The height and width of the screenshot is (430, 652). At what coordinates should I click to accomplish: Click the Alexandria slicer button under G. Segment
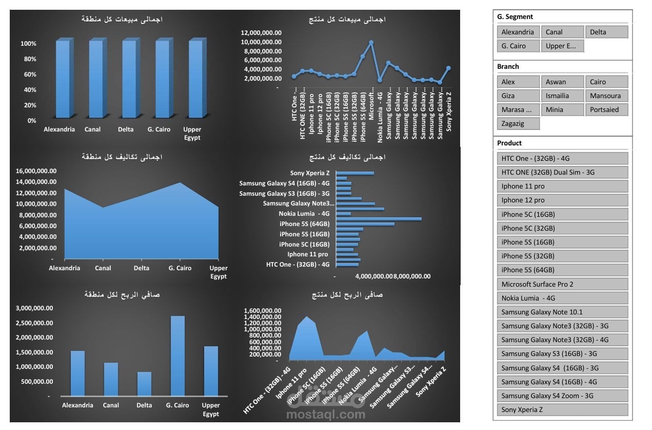(x=518, y=32)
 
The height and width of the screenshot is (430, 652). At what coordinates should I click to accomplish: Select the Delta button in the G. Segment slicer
(x=606, y=32)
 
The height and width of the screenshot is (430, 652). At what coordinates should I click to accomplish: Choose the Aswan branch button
(x=562, y=82)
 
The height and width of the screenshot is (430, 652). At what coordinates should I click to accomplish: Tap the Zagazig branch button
(x=518, y=123)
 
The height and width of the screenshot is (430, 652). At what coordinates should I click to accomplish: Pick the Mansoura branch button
(x=606, y=96)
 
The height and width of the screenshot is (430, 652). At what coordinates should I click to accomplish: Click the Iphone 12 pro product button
(x=562, y=200)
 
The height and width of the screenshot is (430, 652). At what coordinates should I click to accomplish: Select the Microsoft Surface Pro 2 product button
(x=562, y=284)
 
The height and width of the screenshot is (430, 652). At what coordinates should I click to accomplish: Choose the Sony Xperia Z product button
(x=562, y=410)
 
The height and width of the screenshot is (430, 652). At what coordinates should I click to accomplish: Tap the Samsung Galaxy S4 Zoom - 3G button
(x=562, y=396)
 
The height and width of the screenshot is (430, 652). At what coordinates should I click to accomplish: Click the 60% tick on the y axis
(x=29, y=74)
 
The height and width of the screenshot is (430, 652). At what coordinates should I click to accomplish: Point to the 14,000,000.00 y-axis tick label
(x=33, y=182)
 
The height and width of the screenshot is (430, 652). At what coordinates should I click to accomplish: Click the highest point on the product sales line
(x=371, y=43)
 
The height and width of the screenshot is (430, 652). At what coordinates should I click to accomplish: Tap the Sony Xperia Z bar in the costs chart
(x=354, y=173)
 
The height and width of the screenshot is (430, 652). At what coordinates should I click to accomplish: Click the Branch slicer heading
(x=508, y=67)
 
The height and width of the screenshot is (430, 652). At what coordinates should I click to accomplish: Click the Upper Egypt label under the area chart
(x=219, y=272)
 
